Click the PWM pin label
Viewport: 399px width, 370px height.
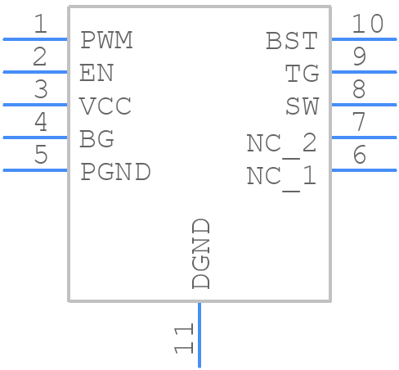point(106,40)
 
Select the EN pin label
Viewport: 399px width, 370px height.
point(96,74)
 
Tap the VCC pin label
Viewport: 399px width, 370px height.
point(105,106)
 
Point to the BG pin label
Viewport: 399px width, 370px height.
point(96,139)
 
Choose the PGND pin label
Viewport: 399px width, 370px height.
point(115,172)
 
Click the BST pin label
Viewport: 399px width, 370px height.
point(292,41)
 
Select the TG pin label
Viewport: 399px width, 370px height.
point(302,74)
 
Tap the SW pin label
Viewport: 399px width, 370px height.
point(302,106)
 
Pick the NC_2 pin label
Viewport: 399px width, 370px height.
point(282,144)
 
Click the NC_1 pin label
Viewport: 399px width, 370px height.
point(282,177)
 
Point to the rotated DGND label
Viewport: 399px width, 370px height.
point(201,254)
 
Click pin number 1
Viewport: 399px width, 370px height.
point(39,25)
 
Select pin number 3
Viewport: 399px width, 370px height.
point(39,90)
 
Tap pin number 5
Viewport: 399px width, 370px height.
point(39,156)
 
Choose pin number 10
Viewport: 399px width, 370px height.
point(367,25)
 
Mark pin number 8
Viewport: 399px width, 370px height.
point(358,90)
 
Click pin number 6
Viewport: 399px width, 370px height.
point(358,156)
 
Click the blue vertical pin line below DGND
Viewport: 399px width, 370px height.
point(199,335)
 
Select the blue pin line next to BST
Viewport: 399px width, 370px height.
point(363,39)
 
